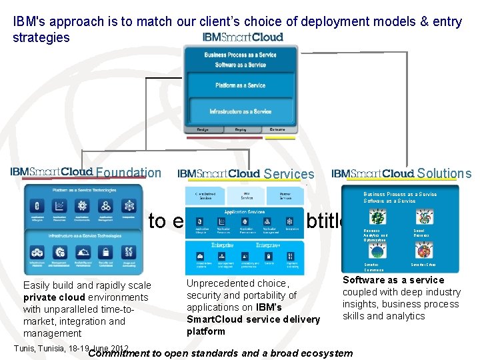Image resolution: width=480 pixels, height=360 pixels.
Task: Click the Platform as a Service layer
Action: point(240,85)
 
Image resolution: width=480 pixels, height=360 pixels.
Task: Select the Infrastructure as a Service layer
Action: point(240,111)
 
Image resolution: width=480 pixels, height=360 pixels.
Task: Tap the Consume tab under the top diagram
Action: point(278,129)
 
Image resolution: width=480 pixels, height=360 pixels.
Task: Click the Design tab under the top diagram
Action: point(203,129)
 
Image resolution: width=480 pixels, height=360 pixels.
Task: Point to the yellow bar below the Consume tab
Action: point(280,139)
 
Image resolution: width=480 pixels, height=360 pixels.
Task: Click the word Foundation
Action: point(129,173)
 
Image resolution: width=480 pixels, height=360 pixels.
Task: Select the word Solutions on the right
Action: point(444,174)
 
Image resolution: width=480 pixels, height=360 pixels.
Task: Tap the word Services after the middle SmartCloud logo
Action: point(289,174)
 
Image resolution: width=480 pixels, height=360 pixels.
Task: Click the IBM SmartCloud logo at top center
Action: point(243,37)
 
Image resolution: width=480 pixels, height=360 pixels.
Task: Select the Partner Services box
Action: point(285,195)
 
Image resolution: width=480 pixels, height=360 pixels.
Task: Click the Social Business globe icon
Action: point(423,217)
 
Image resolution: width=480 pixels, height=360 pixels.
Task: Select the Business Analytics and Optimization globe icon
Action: point(377,217)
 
